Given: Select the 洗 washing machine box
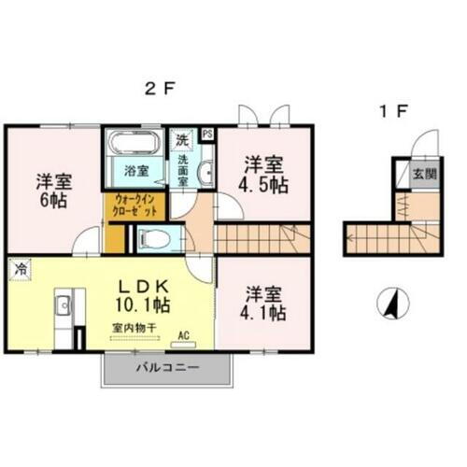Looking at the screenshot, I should coord(184,137).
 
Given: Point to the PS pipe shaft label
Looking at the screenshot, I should coord(206,134).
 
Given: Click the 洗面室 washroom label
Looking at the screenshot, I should coord(184,172).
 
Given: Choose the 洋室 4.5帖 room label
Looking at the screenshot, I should coord(264,174).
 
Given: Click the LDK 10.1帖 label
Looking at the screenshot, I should coord(138,294).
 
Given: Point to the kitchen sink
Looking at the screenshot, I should coord(63,304).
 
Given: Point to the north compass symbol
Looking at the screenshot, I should coord(392,304).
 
